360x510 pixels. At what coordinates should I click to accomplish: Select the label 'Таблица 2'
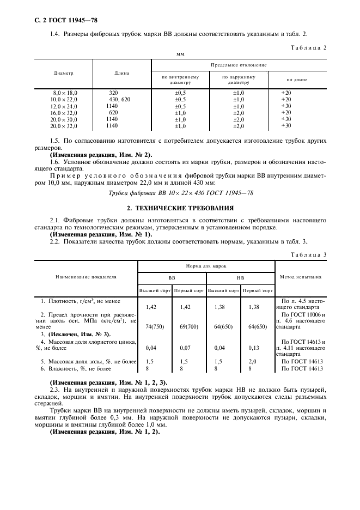pos(309,48)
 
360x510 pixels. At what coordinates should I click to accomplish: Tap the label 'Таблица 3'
pos(309,255)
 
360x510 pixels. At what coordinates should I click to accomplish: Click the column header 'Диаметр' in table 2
pos(64,72)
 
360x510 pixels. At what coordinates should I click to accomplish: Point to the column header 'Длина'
pos(121,72)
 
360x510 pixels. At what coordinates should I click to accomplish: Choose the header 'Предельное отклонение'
pos(239,64)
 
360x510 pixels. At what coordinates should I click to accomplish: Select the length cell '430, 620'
pos(120,99)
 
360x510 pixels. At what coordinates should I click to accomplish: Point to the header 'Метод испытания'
pos(300,277)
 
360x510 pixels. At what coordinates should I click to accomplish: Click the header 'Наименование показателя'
pos(86,277)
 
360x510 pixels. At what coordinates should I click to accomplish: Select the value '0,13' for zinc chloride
pos(258,347)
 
